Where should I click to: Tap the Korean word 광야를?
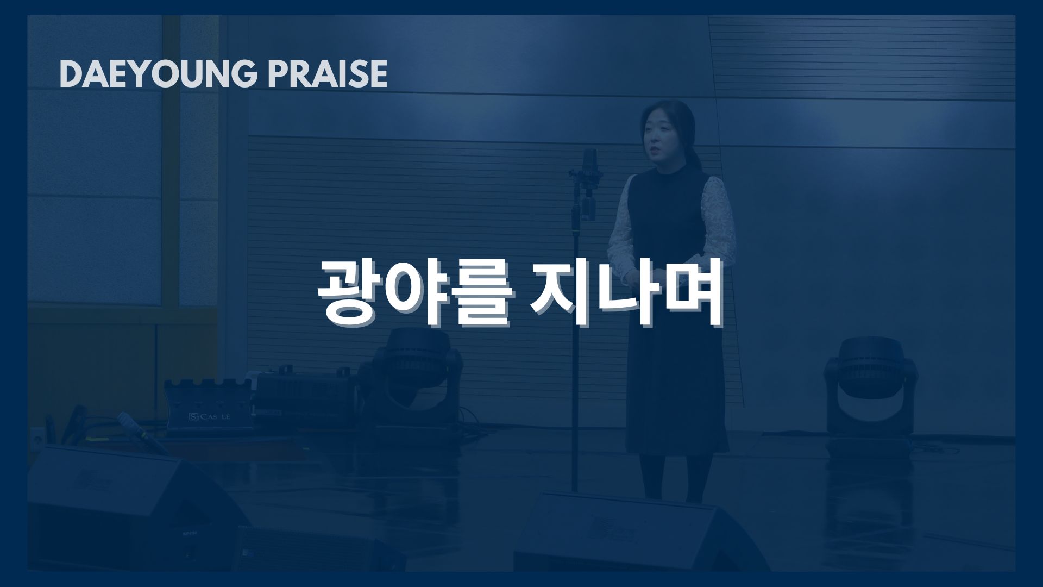pos(414,293)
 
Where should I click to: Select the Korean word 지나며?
pos(627,293)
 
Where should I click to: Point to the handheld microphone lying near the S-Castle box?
pos(142,433)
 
